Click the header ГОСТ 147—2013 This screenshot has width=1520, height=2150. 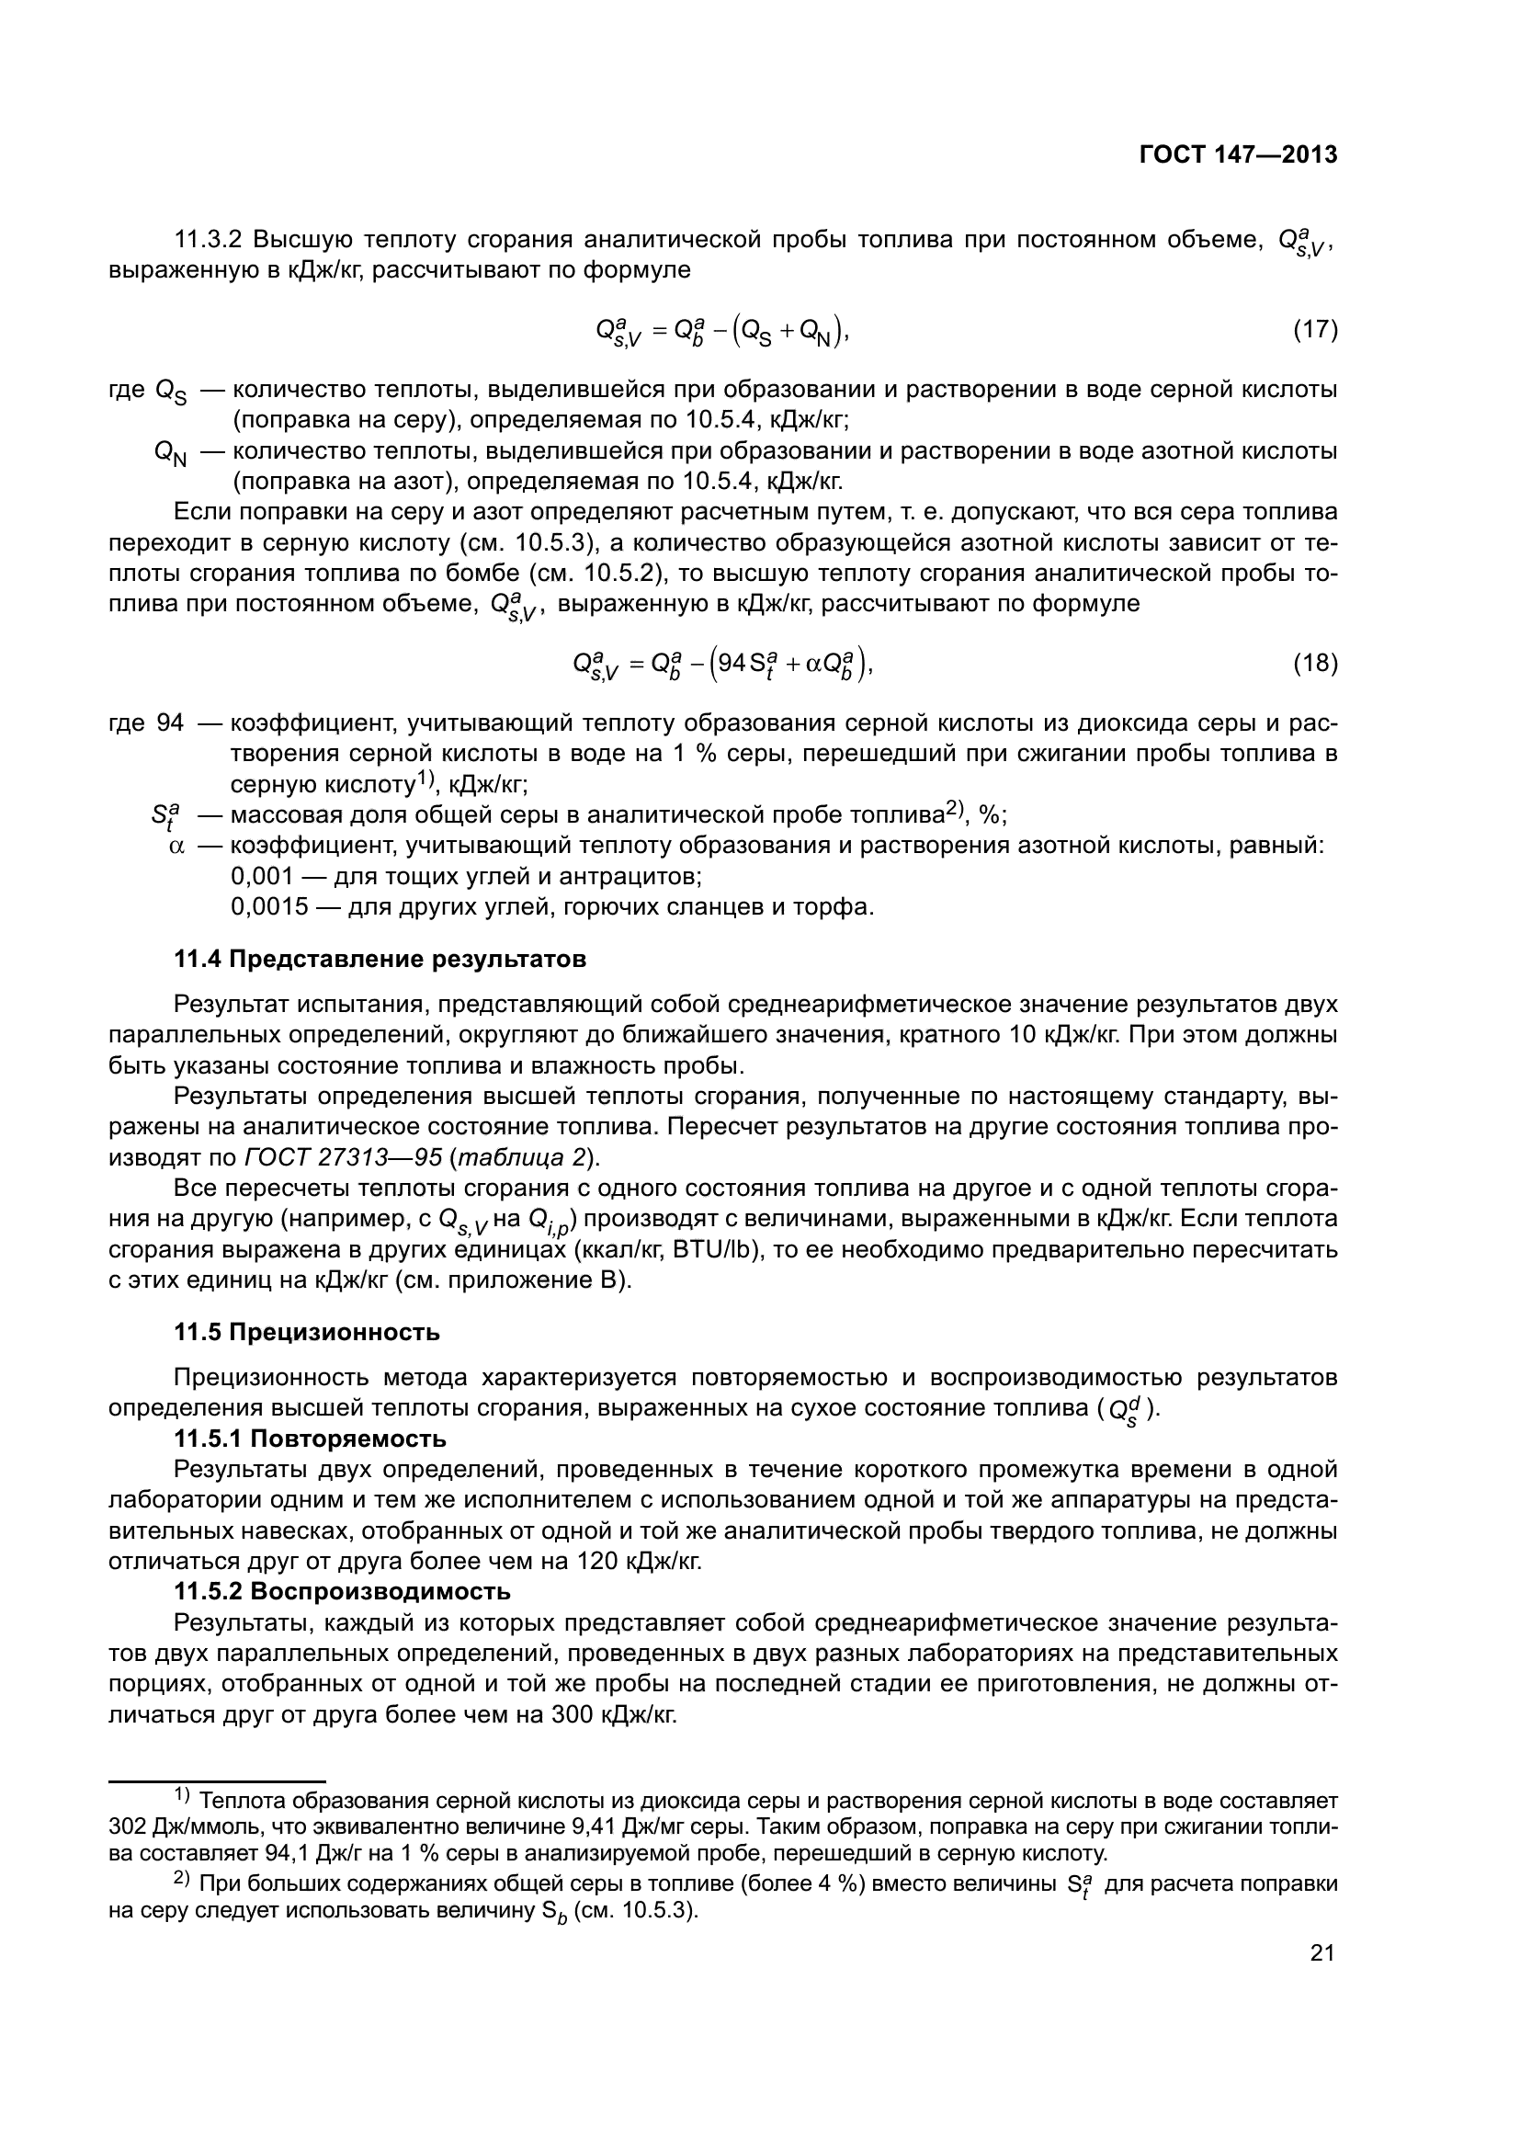1237,154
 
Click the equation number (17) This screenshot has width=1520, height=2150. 1314,330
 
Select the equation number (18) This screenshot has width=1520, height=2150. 1314,664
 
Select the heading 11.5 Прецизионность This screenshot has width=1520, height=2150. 307,1332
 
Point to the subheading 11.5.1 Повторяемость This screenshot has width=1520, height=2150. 310,1439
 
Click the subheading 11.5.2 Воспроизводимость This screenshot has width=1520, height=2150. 343,1591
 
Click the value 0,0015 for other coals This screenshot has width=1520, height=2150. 268,907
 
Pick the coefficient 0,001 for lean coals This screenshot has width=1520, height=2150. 262,877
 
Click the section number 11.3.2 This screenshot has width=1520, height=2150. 208,240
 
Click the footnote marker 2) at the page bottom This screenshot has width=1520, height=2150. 182,1881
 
